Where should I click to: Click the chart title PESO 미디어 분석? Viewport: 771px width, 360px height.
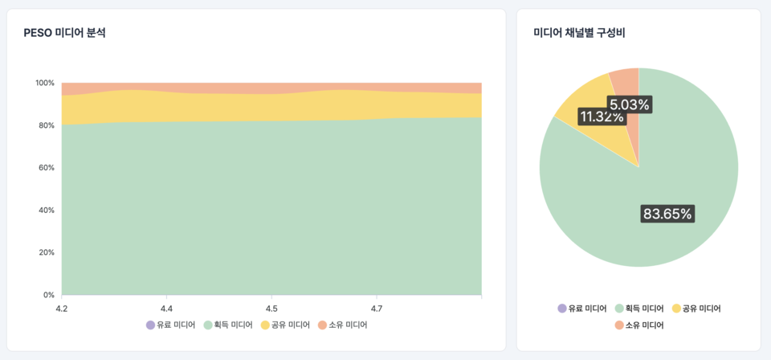pyautogui.click(x=64, y=33)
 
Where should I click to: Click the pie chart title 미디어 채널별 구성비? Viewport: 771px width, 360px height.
pyautogui.click(x=579, y=33)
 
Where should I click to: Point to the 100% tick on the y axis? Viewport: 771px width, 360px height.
pyautogui.click(x=45, y=83)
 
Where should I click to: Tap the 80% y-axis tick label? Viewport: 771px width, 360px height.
pyautogui.click(x=47, y=125)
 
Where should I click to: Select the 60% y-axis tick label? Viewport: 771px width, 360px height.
pyautogui.click(x=47, y=168)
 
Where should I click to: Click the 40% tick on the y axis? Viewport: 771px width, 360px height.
pyautogui.click(x=47, y=211)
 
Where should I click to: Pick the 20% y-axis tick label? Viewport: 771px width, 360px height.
pyautogui.click(x=47, y=252)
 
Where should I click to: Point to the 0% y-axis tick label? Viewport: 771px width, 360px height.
pyautogui.click(x=49, y=295)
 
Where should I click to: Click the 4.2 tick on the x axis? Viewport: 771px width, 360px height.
pyautogui.click(x=62, y=309)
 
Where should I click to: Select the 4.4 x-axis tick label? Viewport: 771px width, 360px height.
pyautogui.click(x=167, y=309)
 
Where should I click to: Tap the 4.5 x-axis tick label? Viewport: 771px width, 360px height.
pyautogui.click(x=271, y=309)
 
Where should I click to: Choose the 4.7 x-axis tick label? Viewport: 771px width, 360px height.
pyautogui.click(x=376, y=309)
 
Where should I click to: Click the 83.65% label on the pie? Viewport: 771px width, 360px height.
pyautogui.click(x=667, y=214)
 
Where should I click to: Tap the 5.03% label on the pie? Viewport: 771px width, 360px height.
pyautogui.click(x=629, y=104)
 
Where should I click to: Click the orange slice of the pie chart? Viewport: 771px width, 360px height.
pyautogui.click(x=626, y=80)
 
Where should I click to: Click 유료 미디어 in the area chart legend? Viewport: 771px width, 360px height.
pyautogui.click(x=170, y=325)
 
